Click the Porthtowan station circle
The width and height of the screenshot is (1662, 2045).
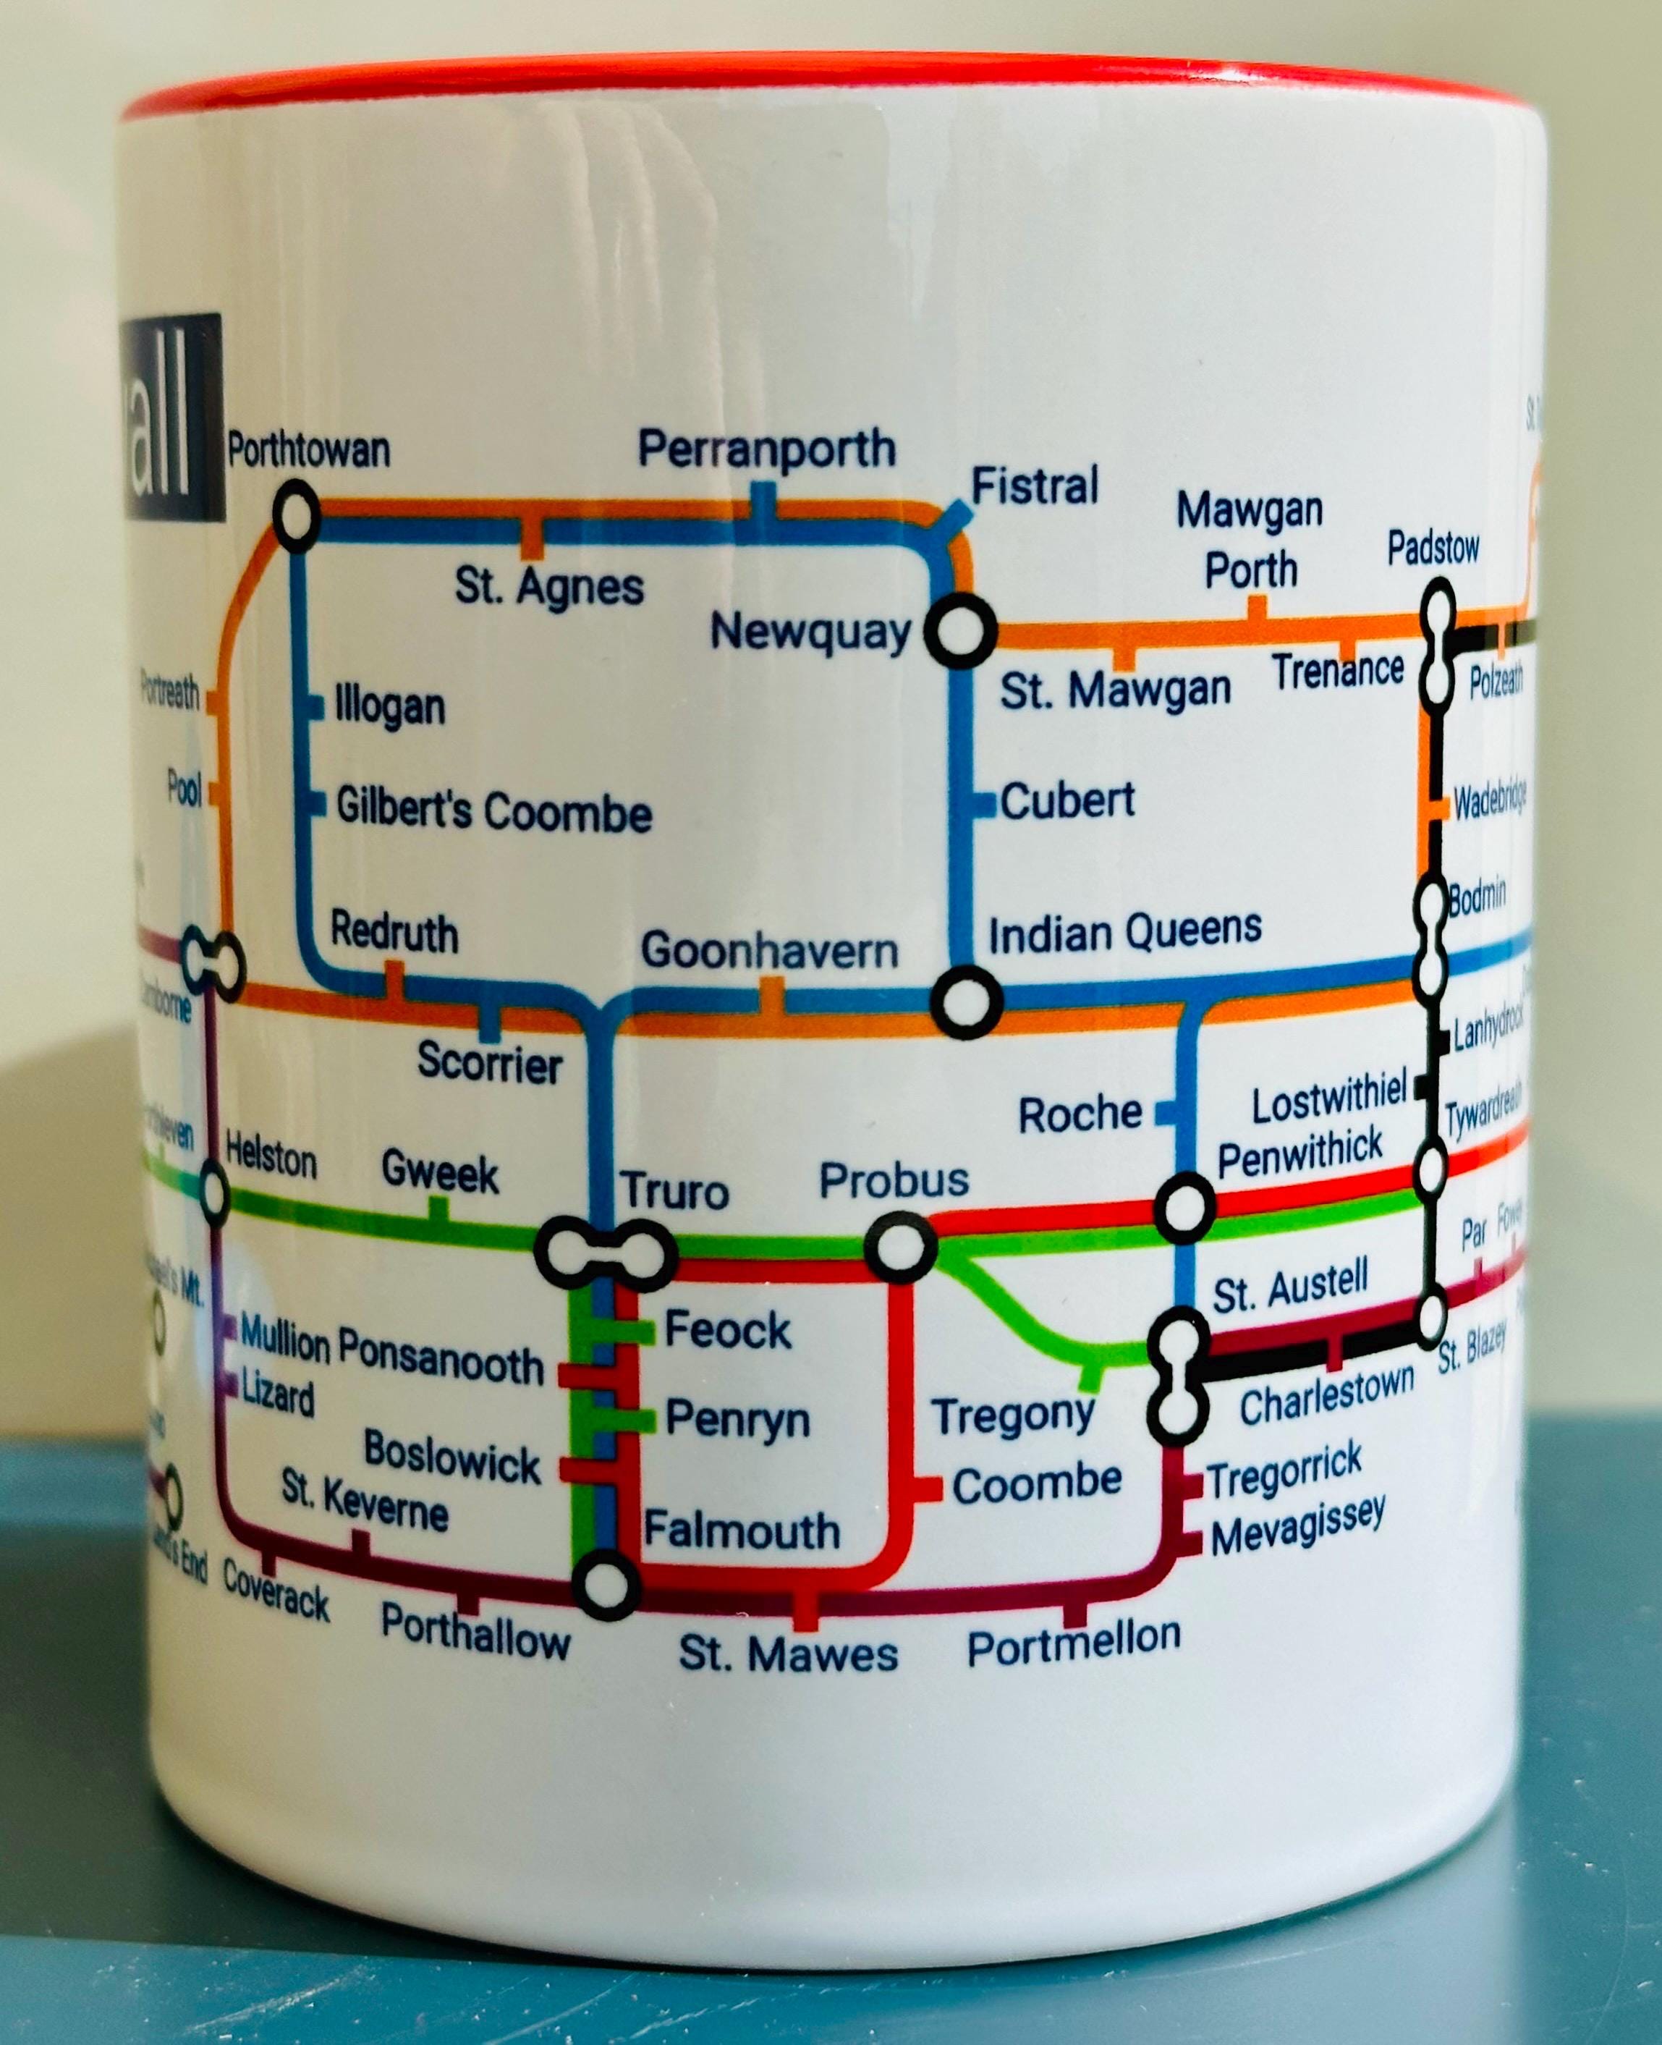click(296, 516)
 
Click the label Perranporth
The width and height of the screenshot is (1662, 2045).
click(767, 448)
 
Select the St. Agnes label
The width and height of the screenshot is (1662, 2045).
click(549, 587)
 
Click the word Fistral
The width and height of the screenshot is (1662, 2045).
click(1034, 486)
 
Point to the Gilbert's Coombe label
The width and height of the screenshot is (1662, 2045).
click(493, 811)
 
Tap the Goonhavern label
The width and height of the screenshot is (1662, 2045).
click(770, 951)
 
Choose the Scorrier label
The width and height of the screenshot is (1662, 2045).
click(489, 1064)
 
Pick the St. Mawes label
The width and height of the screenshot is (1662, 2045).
click(788, 1654)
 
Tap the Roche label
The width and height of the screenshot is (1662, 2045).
click(1080, 1114)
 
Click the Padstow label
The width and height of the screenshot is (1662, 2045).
click(1433, 549)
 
